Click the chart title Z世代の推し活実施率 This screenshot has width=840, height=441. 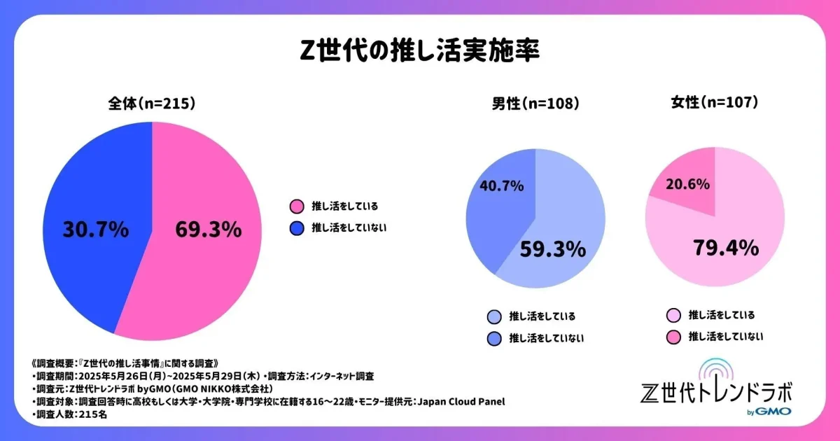[419, 52]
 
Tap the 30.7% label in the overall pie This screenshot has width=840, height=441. [95, 229]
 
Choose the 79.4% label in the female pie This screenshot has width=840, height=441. [726, 247]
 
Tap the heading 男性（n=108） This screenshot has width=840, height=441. [535, 104]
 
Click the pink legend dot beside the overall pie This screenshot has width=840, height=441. [297, 206]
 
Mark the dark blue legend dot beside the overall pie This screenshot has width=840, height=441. [297, 227]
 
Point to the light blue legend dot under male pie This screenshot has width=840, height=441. [494, 317]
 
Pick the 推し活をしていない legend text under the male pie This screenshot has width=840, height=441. [547, 339]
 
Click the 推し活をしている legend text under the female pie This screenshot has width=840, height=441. [722, 315]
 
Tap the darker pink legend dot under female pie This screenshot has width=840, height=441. [674, 337]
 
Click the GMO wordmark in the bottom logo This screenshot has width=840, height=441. [773, 412]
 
